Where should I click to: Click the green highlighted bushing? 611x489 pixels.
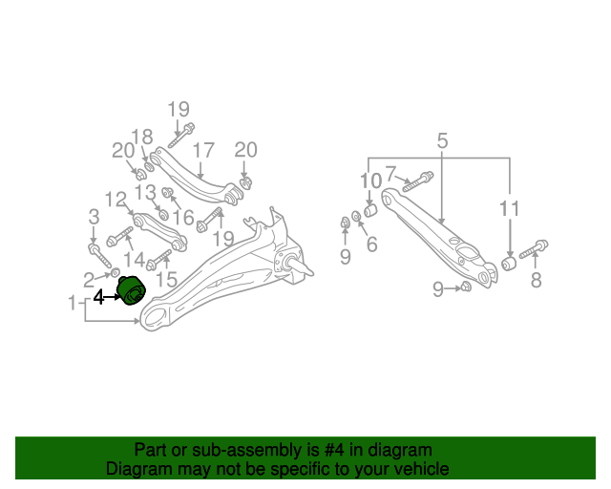point(131,291)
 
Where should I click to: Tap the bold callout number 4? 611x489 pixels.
point(99,297)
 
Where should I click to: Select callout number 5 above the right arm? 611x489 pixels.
point(442,140)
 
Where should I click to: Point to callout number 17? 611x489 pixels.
point(203,151)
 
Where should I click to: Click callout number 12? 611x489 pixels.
point(116,200)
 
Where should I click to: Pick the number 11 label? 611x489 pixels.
point(509,208)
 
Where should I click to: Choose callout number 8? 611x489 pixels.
point(537,280)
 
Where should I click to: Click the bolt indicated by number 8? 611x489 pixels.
point(534,249)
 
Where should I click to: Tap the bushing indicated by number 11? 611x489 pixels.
point(509,264)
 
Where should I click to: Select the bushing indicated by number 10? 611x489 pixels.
point(370,210)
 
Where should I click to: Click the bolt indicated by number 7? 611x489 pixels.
point(417,182)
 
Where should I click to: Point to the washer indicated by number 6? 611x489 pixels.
point(356,216)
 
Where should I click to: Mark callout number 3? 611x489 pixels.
point(94,217)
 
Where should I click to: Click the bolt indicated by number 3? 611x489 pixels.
point(99,255)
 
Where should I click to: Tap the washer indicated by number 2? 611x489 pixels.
point(116,272)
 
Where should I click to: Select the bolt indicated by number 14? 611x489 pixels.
point(119,236)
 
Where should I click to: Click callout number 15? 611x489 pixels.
point(166,279)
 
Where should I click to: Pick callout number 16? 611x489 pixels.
point(183,218)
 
